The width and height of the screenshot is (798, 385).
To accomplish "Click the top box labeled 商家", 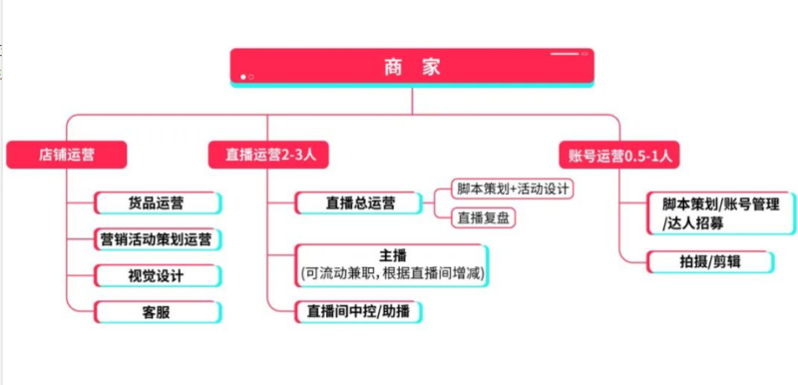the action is pos(412,67).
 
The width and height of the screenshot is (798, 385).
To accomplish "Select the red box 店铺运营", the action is pos(68,155).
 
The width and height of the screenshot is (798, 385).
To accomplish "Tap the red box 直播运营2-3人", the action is pos(268,155).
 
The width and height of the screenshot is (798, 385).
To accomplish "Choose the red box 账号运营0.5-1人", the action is pos(619,155).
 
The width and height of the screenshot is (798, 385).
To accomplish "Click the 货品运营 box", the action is pos(159,202).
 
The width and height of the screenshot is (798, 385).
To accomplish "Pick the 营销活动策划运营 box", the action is pos(159,238).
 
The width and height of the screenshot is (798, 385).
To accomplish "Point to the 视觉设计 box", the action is pos(159,274).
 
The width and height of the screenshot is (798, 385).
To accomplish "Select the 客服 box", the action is pos(159,311).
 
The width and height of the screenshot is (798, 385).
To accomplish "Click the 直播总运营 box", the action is pos(360,202).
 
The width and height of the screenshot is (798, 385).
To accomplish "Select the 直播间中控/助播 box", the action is pos(360,311).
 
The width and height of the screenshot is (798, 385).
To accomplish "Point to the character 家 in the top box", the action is pos(430,67).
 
